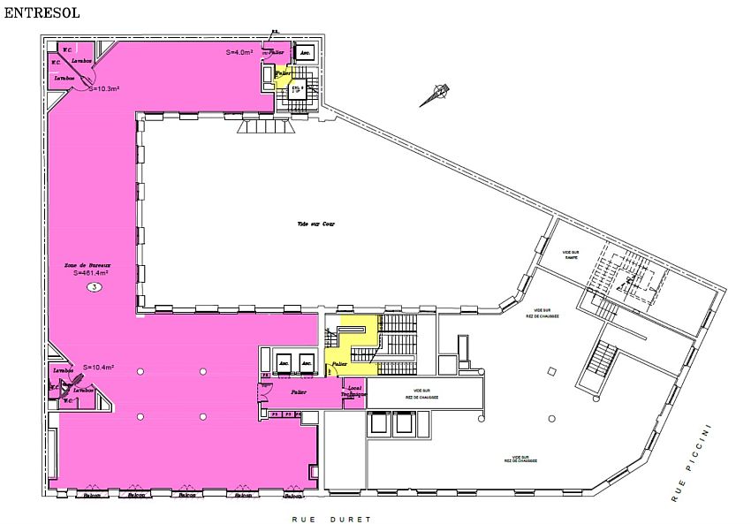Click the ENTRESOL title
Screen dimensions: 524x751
click(x=42, y=14)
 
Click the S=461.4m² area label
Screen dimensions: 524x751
click(x=91, y=273)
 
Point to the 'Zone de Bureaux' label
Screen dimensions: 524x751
click(x=90, y=264)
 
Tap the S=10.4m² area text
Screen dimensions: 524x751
click(x=98, y=367)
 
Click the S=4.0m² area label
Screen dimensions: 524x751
click(x=239, y=52)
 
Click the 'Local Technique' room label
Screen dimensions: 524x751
click(x=353, y=391)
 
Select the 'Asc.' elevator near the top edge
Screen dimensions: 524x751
click(x=306, y=53)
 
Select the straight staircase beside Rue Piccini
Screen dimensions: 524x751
click(x=598, y=364)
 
